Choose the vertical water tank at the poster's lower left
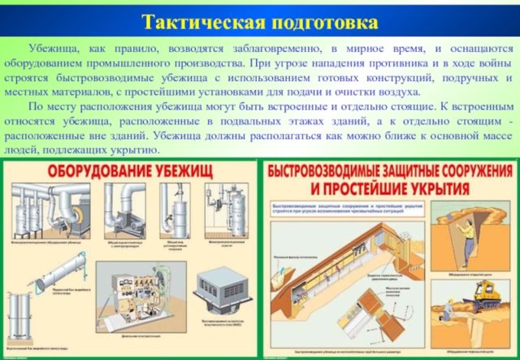point(21,322)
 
